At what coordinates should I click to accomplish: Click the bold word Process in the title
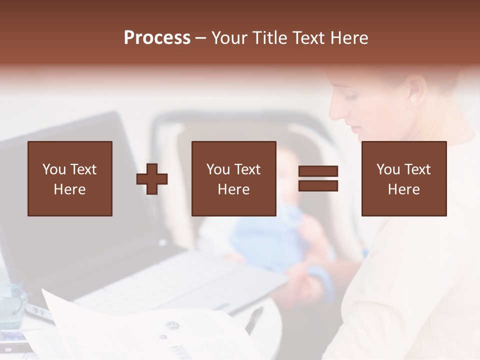pos(157,38)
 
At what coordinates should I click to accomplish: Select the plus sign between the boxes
pos(152,178)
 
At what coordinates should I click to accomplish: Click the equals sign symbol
pos(318,178)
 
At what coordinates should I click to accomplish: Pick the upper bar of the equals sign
pos(318,171)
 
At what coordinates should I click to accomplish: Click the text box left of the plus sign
pos(70,178)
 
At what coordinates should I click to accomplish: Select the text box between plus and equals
pos(234,178)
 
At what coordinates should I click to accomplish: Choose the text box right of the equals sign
pos(404,178)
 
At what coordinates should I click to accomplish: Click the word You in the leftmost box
pos(53,169)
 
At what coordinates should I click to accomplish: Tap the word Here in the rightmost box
pos(404,189)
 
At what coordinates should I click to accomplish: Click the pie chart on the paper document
pos(172,325)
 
